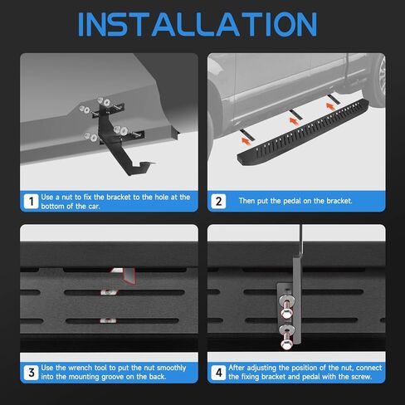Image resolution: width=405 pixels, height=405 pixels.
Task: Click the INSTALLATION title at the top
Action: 198,24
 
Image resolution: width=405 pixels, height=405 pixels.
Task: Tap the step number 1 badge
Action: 31,202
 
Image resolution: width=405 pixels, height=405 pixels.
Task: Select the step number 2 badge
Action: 218,202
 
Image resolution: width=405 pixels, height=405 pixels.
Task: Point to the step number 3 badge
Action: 31,373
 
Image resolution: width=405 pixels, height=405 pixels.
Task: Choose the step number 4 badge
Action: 218,373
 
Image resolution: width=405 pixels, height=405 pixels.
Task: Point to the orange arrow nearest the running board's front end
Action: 246,141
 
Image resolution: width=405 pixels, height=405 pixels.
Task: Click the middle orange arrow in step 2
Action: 293,121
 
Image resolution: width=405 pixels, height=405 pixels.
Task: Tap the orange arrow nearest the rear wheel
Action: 330,106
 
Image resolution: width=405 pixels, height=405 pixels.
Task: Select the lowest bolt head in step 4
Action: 285,344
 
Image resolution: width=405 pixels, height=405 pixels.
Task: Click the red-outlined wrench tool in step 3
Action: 126,276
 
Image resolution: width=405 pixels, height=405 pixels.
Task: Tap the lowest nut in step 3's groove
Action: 108,320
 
